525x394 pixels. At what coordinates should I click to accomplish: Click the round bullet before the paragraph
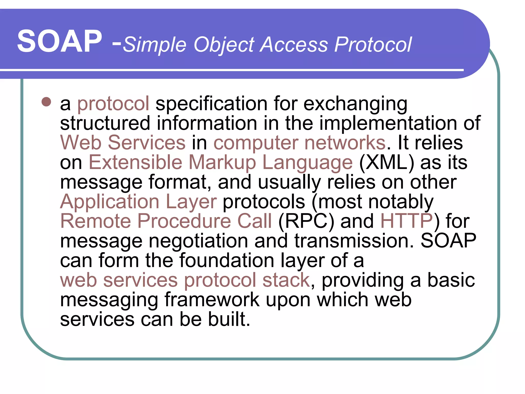coord(46,102)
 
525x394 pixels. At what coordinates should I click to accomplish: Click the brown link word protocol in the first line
coord(113,104)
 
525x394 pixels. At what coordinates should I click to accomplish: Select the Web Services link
coord(123,143)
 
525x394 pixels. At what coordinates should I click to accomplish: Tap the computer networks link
coord(299,143)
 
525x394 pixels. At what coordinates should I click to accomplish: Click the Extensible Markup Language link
coord(220,162)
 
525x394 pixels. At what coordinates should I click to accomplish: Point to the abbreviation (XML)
coord(386,162)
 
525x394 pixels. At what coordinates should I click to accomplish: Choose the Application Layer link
coord(138,202)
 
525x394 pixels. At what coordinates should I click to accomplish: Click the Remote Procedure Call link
coord(166,221)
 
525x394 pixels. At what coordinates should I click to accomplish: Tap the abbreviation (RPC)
coord(306,221)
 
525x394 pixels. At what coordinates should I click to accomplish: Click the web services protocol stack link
coord(185,280)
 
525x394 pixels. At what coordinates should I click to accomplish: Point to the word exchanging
coord(355,104)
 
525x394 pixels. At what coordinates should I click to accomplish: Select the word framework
coord(212,300)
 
